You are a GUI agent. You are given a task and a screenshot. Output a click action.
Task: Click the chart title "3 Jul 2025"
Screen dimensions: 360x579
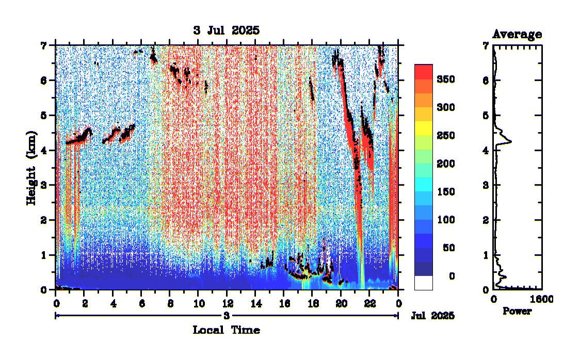coord(226,30)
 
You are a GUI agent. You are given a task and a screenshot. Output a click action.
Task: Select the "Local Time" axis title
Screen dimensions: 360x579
coord(226,330)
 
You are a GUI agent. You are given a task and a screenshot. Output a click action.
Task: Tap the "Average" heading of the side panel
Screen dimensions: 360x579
coord(517,35)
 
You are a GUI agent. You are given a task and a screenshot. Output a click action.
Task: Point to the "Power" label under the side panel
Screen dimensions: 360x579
coord(517,311)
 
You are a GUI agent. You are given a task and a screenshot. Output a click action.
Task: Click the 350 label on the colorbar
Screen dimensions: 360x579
coord(445,79)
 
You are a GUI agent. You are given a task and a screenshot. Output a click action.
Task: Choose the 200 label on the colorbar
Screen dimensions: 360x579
coord(445,163)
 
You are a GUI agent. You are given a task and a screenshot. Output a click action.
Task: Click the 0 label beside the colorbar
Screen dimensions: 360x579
coord(452,276)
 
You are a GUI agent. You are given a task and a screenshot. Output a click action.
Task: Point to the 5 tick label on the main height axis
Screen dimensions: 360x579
coord(44,115)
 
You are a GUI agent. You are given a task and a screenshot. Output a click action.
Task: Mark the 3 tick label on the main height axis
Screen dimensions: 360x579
coord(44,185)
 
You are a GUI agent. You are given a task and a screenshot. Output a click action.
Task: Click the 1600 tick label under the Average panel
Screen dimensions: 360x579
coord(541,300)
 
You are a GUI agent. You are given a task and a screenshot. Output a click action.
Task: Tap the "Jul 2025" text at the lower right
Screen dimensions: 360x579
coord(432,315)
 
